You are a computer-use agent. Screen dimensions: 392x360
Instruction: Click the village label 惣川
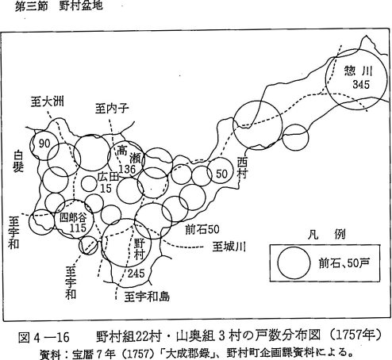coord(359,71)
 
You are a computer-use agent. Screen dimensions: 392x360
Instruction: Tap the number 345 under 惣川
coord(361,85)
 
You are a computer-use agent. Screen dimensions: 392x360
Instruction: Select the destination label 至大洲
coord(48,101)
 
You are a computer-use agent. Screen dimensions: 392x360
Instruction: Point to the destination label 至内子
coord(112,109)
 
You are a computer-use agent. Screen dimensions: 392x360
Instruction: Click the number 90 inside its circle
coord(44,144)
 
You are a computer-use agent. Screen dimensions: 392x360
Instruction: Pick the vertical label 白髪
coord(18,162)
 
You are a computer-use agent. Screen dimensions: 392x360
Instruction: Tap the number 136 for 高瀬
coord(127,169)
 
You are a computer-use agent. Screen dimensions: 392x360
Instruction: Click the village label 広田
coord(108,177)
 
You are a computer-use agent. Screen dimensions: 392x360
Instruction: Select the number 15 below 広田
coord(106,189)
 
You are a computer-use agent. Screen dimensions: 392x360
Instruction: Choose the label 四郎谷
coord(73,218)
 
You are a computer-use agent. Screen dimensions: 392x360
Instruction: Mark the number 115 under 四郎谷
coord(78,228)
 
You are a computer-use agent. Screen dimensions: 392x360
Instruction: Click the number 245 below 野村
coord(136,274)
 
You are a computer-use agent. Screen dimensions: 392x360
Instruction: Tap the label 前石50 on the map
coord(202,229)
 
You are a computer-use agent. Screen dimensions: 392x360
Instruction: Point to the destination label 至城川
coord(229,247)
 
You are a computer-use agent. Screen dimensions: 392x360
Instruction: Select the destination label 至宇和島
coord(147,297)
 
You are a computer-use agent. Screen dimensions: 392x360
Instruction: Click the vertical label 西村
coord(242,168)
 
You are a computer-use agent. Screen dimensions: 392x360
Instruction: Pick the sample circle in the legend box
coord(294,263)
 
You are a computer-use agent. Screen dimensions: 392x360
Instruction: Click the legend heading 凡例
coord(327,235)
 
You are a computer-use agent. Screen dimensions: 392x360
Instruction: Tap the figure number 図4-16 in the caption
coord(44,338)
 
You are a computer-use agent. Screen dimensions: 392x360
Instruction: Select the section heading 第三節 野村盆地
coord(59,6)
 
